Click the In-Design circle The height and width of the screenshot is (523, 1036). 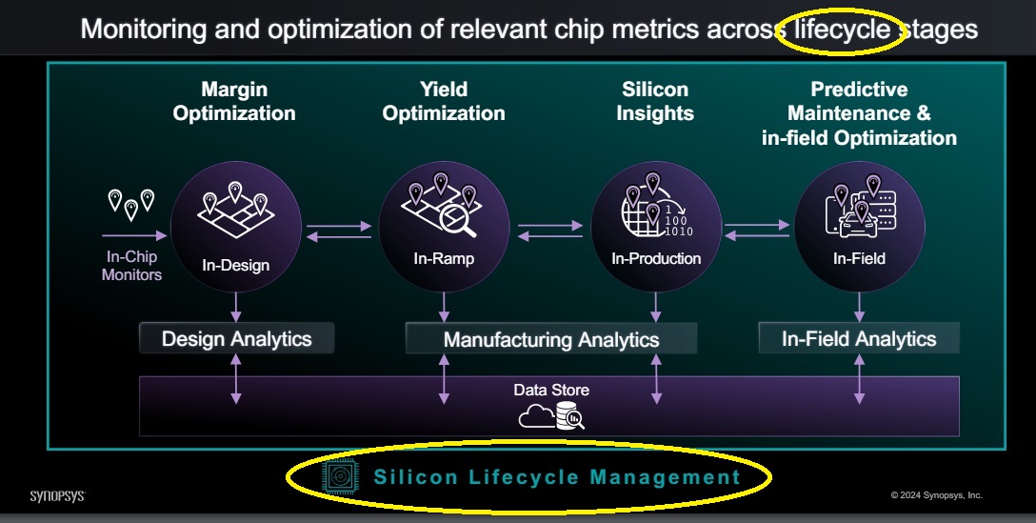coord(236,227)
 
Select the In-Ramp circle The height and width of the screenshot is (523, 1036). coord(444,227)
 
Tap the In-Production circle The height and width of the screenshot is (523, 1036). coord(655,227)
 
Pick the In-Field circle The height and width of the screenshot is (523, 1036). coord(859,227)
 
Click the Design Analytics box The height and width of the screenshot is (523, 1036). coord(236,338)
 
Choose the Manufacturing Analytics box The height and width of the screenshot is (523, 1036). coord(551,339)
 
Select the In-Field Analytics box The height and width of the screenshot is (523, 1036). coord(859,338)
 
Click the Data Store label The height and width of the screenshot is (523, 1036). coord(551,390)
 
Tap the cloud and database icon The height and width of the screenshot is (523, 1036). coord(551,416)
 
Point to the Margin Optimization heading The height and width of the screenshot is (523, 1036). coord(234,101)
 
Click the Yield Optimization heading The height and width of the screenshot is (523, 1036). coord(444,101)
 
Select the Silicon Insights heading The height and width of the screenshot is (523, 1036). coord(655,101)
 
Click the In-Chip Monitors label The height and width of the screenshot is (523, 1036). coord(131,266)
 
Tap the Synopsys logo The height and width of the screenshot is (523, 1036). coord(58,496)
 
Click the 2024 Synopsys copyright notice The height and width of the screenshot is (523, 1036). coord(936,495)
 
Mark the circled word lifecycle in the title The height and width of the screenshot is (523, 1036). coord(842,30)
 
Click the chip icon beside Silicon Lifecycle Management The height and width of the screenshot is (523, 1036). coord(340,476)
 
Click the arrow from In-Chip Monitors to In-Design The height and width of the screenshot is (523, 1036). coord(135,235)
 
